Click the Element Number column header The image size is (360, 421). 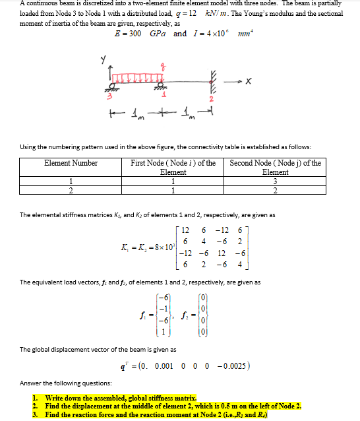pos(71,163)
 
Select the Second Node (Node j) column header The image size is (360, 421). pos(275,167)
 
